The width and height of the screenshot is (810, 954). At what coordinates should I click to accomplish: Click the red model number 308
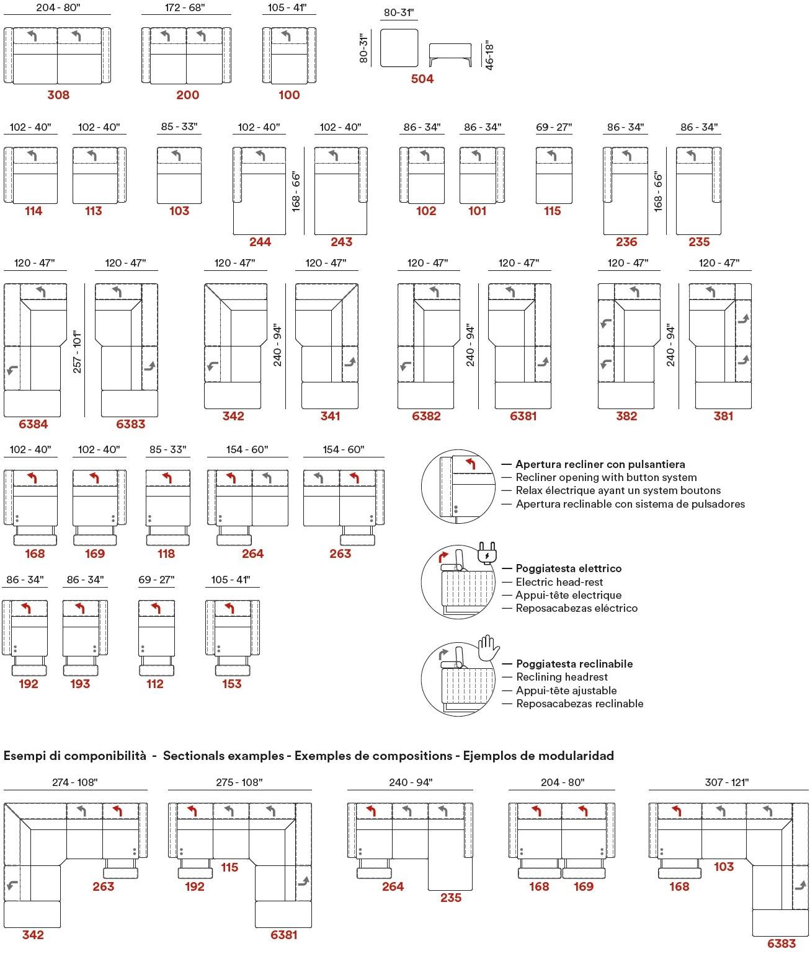[x=58, y=95]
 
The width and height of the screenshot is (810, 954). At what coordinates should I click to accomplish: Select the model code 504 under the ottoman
[x=422, y=79]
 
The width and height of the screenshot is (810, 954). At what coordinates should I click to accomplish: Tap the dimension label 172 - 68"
[x=185, y=8]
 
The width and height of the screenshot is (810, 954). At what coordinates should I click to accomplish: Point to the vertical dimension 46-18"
[x=489, y=55]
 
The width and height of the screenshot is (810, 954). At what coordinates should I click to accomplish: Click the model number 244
[x=260, y=242]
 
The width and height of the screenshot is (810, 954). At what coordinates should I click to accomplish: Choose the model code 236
[x=626, y=242]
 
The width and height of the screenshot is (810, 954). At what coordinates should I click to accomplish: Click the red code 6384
[x=33, y=424]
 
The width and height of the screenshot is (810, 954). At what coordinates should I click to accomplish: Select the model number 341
[x=330, y=416]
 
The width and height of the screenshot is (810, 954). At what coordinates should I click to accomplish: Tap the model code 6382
[x=426, y=416]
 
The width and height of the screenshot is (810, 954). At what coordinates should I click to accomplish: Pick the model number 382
[x=626, y=416]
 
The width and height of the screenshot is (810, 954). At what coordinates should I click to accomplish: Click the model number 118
[x=166, y=554]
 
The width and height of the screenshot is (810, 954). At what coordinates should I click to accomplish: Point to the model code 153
[x=232, y=684]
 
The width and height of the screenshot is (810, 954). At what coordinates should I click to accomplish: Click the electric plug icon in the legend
[x=488, y=553]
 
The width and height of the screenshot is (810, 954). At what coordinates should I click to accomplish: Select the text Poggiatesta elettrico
[x=568, y=568]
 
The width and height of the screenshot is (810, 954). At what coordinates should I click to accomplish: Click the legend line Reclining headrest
[x=562, y=677]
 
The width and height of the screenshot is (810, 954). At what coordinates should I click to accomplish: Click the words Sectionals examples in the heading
[x=223, y=756]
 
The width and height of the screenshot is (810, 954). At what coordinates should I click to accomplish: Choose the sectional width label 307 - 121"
[x=727, y=782]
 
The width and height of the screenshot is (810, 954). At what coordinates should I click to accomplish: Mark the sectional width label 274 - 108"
[x=75, y=782]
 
